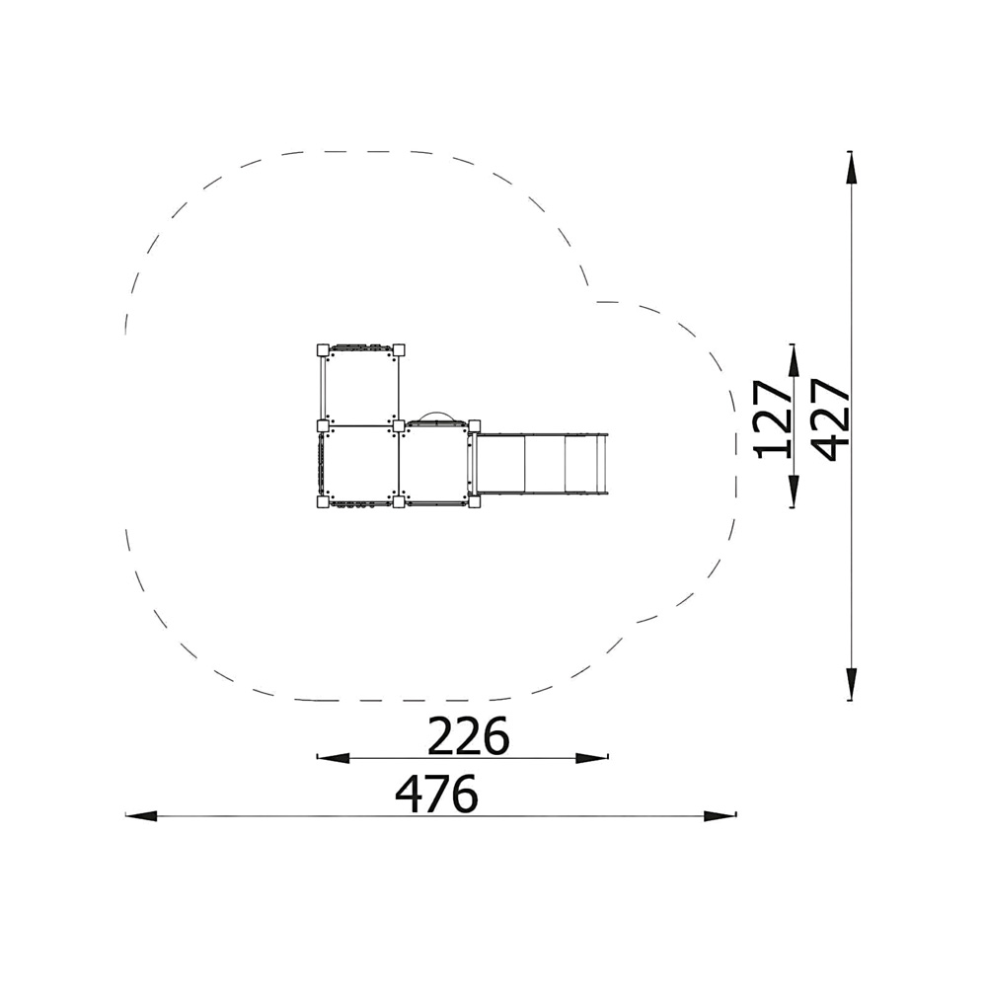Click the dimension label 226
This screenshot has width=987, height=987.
pos(468,735)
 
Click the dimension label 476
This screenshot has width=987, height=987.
pos(436,794)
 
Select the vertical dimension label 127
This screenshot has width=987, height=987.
pos(773,418)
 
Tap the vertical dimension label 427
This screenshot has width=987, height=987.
pos(830,419)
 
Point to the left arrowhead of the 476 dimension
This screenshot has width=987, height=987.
pos(141,816)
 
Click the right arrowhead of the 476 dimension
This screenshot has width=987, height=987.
pos(721,816)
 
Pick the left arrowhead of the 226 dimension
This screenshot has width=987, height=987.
pos(333,758)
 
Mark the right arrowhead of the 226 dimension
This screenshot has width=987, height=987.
pos(591,758)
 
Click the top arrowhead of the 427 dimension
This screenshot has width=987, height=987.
pos(851,168)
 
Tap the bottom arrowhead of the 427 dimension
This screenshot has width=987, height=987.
pos(851,684)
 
